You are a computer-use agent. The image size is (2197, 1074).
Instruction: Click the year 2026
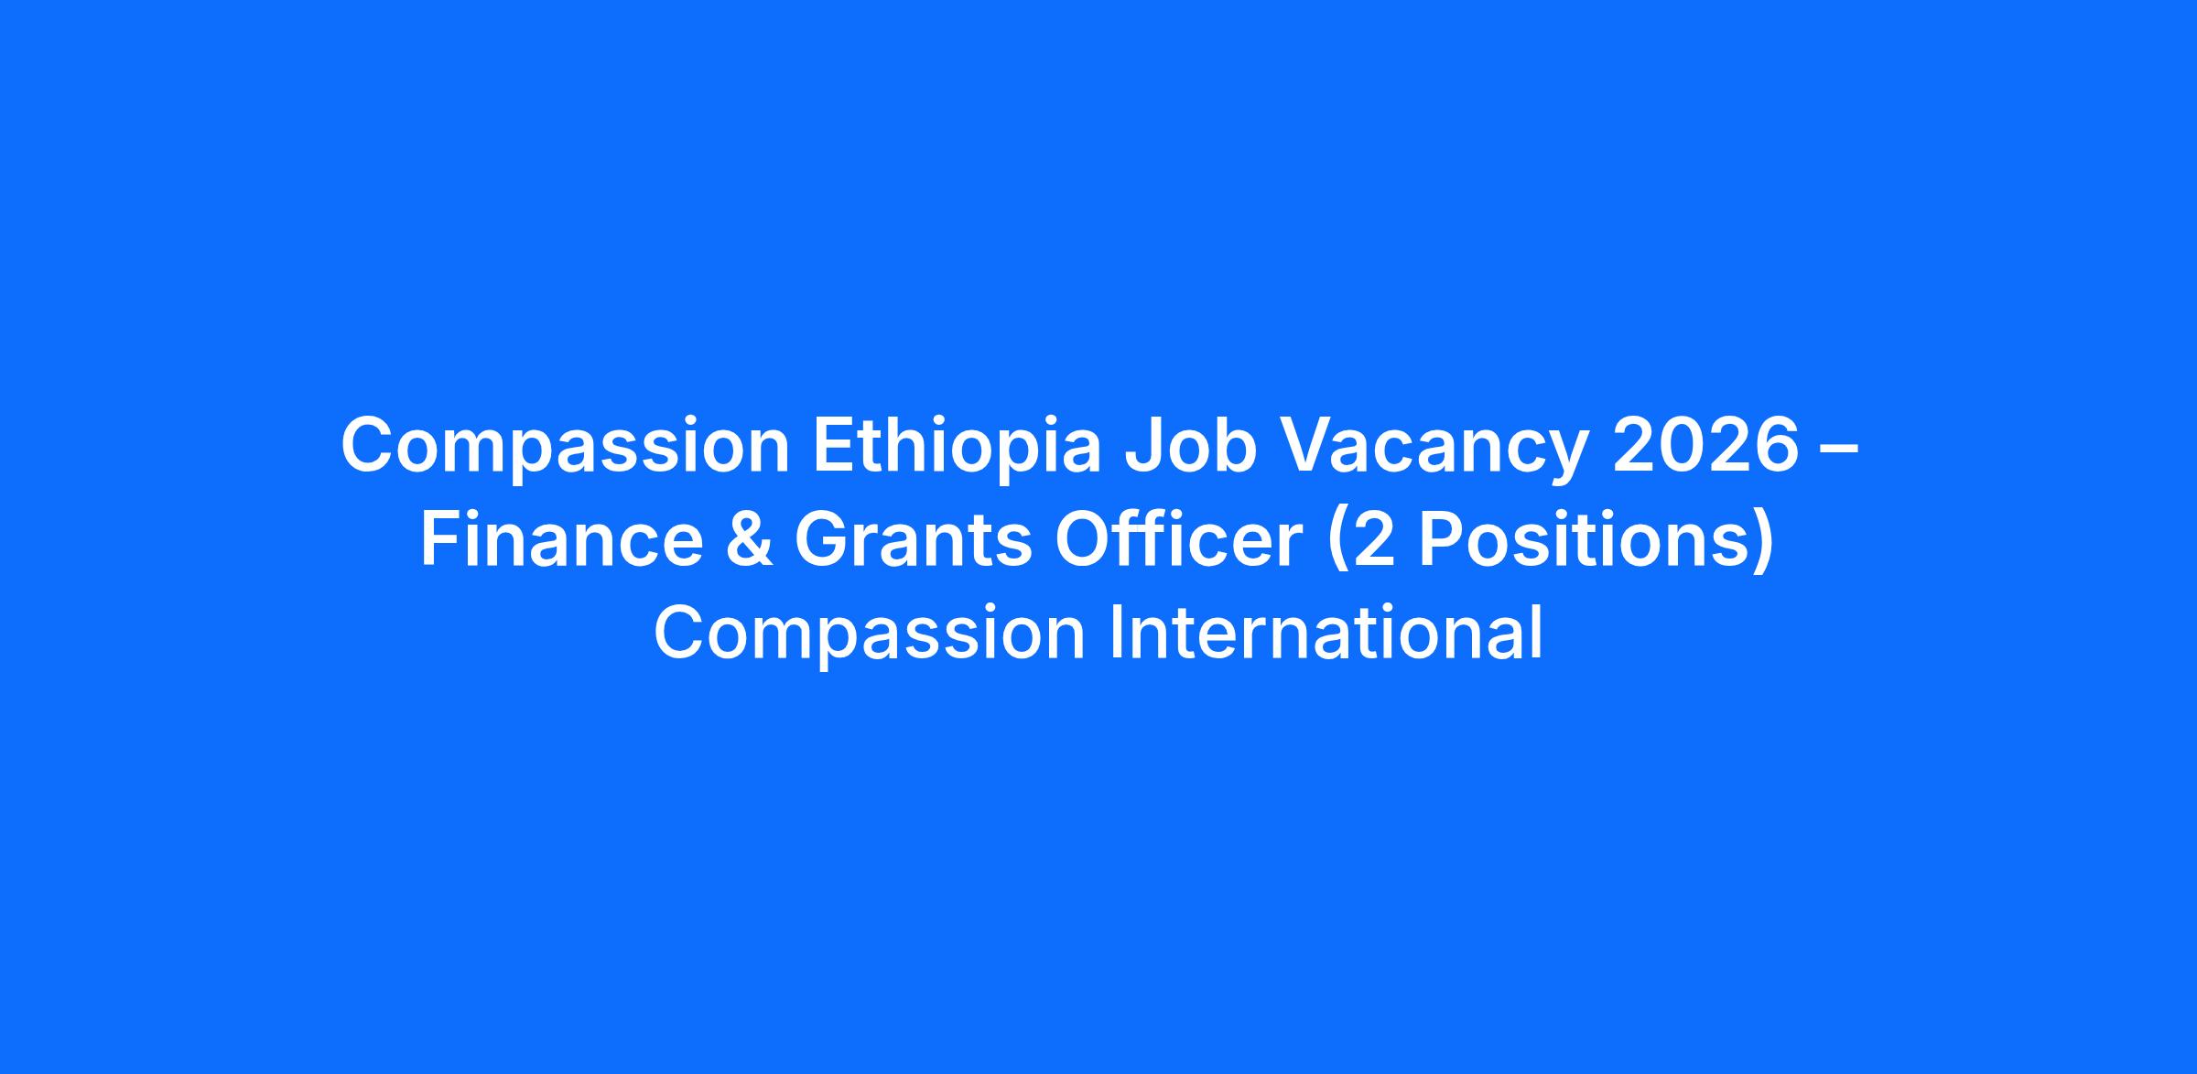pos(1705,446)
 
